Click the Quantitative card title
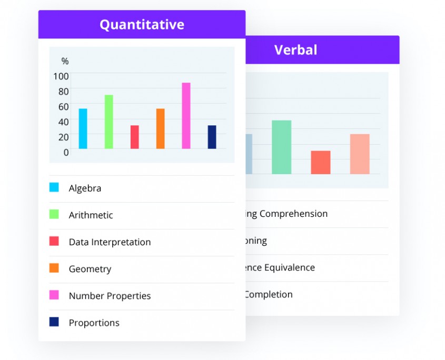click(x=142, y=24)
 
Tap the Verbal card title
click(x=295, y=50)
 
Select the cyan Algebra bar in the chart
click(x=83, y=128)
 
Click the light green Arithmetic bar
click(x=109, y=122)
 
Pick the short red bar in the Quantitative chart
click(x=135, y=137)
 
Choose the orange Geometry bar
click(x=160, y=128)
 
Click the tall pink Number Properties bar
click(x=186, y=116)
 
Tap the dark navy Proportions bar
click(x=212, y=137)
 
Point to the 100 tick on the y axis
click(x=61, y=76)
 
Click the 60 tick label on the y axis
click(x=63, y=107)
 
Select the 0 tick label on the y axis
click(x=66, y=153)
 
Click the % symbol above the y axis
click(x=65, y=62)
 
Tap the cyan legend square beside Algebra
click(x=54, y=187)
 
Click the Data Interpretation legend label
click(x=110, y=242)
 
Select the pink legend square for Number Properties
click(x=54, y=295)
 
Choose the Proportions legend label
click(x=94, y=323)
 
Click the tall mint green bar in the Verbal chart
click(x=281, y=147)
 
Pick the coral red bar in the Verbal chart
click(x=321, y=162)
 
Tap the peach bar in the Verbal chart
click(x=360, y=154)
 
